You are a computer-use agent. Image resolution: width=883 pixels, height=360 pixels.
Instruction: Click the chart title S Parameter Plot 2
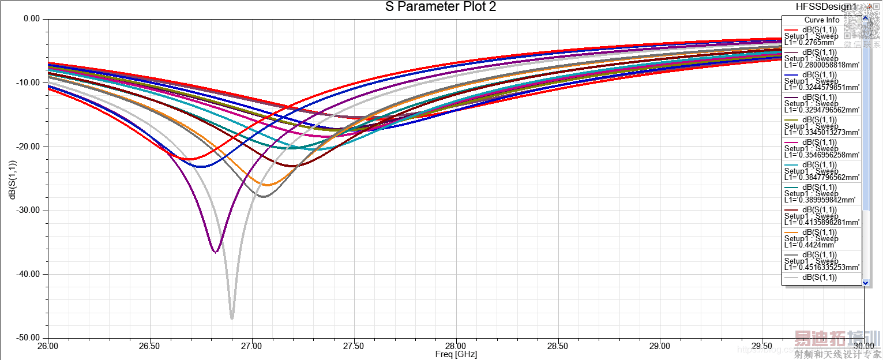[441, 7]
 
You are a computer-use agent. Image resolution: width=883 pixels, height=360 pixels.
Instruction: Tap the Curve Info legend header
[822, 20]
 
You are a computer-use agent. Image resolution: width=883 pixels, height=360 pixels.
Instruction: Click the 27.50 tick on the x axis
[354, 347]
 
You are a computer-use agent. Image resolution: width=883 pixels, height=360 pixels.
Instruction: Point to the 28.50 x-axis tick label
[558, 347]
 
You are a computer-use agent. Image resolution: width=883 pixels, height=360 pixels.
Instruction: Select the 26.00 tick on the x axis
[48, 347]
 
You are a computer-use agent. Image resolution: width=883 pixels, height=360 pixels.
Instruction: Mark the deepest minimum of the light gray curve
[232, 318]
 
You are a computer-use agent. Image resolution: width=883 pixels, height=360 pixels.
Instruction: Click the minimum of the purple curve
[215, 252]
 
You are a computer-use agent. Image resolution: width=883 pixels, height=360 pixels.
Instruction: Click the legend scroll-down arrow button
[865, 282]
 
